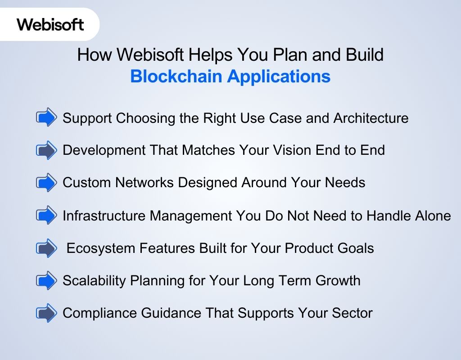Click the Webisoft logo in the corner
click(x=50, y=24)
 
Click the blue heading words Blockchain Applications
click(x=230, y=76)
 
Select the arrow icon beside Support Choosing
click(x=46, y=118)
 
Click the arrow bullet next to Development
click(x=46, y=150)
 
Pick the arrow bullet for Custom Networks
click(x=46, y=183)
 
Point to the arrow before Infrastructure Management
click(x=46, y=216)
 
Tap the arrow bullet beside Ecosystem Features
click(x=46, y=248)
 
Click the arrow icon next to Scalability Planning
click(x=46, y=280)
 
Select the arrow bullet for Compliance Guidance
click(x=46, y=313)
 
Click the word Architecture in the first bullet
click(x=371, y=118)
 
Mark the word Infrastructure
click(x=104, y=216)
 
